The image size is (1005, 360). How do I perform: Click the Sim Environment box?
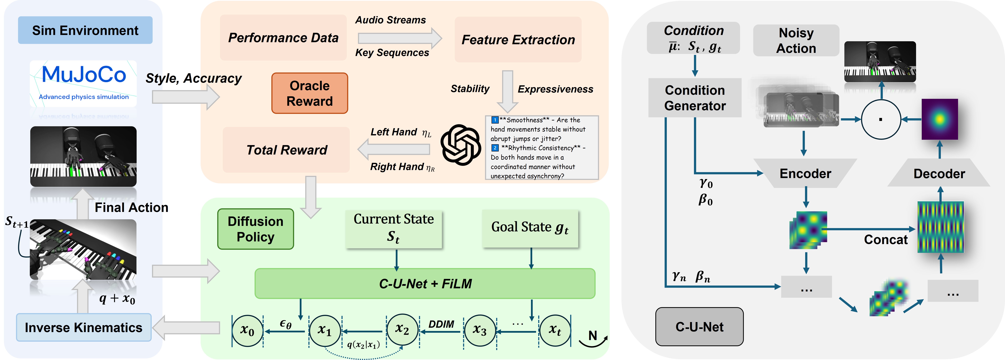[85, 30]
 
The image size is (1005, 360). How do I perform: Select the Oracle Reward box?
[309, 93]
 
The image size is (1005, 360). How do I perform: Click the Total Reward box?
[286, 150]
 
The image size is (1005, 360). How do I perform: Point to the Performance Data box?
[283, 37]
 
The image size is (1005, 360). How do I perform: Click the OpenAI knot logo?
[460, 145]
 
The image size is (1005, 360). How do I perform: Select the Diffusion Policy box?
[256, 229]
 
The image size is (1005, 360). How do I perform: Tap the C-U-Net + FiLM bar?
[425, 284]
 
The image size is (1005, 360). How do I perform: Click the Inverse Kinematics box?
[83, 327]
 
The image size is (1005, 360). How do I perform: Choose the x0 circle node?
[247, 331]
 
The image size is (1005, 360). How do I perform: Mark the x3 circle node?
[480, 331]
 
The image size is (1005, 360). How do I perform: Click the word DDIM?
[441, 324]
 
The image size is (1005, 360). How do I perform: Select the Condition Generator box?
[695, 98]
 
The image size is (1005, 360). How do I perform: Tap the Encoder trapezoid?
[805, 173]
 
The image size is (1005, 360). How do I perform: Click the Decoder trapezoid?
[939, 173]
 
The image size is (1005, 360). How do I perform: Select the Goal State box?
[530, 228]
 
